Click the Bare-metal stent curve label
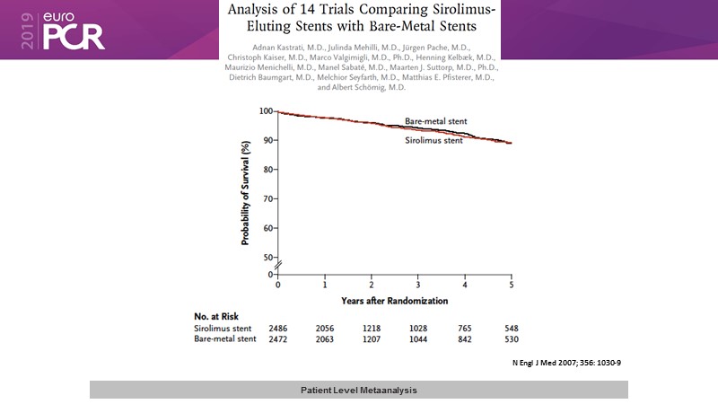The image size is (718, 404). (x=435, y=120)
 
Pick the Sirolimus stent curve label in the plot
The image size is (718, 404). (x=433, y=140)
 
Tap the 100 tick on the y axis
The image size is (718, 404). (x=265, y=111)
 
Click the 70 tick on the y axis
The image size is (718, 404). (x=267, y=198)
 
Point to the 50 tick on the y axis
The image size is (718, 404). (x=267, y=258)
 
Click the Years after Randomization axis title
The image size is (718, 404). (x=394, y=298)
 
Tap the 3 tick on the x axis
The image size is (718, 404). (x=418, y=284)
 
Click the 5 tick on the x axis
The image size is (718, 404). (x=512, y=284)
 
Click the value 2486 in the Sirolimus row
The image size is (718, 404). (x=278, y=328)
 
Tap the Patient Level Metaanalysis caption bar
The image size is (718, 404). (x=358, y=390)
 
